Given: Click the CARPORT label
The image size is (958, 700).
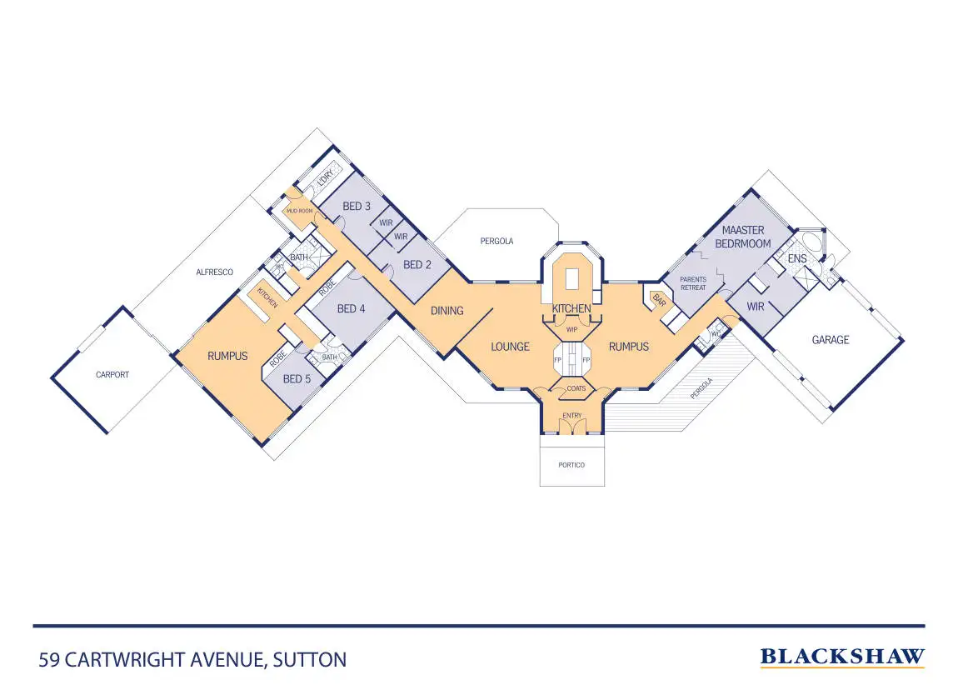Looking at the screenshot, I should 112,375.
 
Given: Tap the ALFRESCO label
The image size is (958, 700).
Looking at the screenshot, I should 214,272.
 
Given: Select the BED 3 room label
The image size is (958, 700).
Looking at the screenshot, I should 357,206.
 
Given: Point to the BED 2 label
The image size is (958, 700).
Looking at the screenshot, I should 417,265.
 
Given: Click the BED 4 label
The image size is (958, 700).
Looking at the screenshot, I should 352,309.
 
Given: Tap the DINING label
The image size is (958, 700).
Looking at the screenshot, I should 447,311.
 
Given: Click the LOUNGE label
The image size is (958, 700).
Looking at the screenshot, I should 510,347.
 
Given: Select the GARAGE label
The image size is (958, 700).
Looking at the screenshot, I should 831,340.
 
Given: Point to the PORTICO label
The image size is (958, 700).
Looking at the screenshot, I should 571,465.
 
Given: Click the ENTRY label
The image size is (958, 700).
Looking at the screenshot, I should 572,415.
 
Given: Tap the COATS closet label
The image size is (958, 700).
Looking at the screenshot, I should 576,388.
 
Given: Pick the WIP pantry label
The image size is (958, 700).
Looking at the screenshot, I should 571,329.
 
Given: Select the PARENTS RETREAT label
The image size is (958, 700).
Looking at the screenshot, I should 693,283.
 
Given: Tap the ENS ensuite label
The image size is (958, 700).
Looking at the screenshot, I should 796,260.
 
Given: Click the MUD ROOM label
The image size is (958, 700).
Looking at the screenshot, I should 299,212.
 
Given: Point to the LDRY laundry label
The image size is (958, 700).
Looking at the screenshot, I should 326,177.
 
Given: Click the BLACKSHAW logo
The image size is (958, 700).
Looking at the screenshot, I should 842,657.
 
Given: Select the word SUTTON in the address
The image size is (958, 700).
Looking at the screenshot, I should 310,660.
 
